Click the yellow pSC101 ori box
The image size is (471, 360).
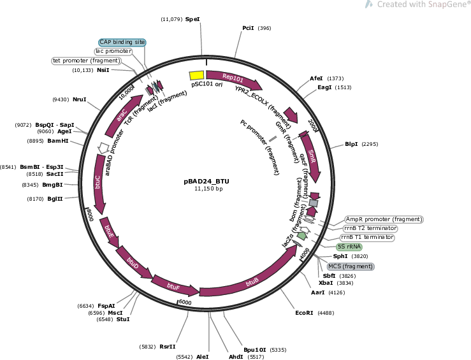tap(196, 75)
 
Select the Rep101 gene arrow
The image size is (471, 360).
tap(234, 79)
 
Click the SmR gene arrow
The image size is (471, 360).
tap(311, 156)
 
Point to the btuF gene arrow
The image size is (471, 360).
tap(173, 285)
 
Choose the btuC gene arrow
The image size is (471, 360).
tap(99, 184)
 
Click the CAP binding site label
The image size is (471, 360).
tap(122, 42)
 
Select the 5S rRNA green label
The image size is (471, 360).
tap(349, 247)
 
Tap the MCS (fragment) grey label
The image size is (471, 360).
tap(351, 266)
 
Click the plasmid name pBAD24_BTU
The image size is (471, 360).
tap(207, 182)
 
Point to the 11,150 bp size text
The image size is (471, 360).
tap(208, 189)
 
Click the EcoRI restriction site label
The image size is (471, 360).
tap(304, 313)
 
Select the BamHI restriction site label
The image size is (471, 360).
tap(58, 141)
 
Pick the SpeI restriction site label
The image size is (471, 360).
tap(192, 19)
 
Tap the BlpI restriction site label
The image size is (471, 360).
tap(351, 144)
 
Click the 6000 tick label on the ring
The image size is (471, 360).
tap(185, 302)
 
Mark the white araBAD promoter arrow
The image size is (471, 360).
tap(104, 147)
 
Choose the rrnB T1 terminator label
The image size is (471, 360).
tap(368, 237)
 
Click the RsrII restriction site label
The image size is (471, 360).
tap(168, 347)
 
